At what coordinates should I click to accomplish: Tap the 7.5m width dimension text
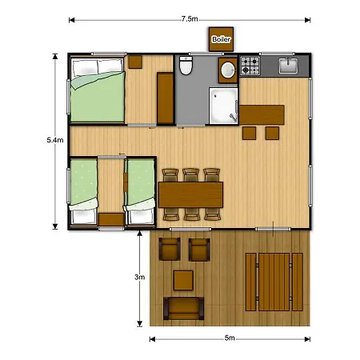pyautogui.click(x=190, y=18)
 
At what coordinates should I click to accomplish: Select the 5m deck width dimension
pyautogui.click(x=230, y=338)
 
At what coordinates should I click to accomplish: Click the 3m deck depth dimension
pyautogui.click(x=139, y=278)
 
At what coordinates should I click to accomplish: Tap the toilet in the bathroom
pyautogui.click(x=186, y=68)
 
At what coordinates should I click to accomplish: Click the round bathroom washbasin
pyautogui.click(x=228, y=69)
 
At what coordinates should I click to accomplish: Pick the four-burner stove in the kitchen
pyautogui.click(x=251, y=66)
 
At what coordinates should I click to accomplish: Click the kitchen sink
pyautogui.click(x=289, y=66)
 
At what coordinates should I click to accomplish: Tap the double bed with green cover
pyautogui.click(x=97, y=94)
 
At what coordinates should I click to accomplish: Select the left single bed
pyautogui.click(x=84, y=190)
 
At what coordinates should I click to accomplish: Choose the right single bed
pyautogui.click(x=140, y=190)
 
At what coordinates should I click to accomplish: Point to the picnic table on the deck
pyautogui.click(x=274, y=281)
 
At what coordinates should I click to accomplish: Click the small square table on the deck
pyautogui.click(x=184, y=280)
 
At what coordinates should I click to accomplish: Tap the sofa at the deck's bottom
pyautogui.click(x=184, y=307)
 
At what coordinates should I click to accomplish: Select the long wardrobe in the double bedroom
pyautogui.click(x=166, y=98)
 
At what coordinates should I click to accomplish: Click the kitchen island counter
pyautogui.click(x=262, y=114)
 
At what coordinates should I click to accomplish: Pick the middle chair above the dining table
pyautogui.click(x=191, y=174)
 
